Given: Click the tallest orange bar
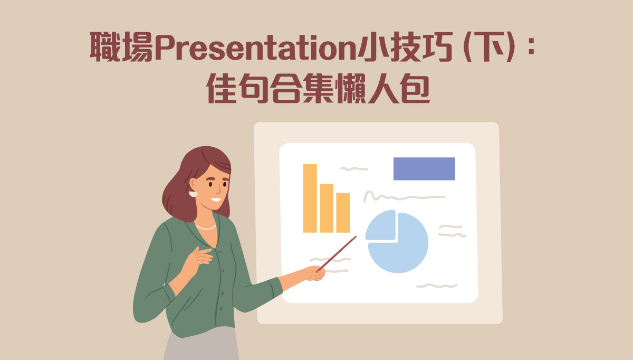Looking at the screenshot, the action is coord(310,198).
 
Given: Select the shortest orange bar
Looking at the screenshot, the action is coord(343,213).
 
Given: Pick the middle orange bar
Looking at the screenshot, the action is coord(327,208).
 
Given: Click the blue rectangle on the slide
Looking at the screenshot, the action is coord(424,169).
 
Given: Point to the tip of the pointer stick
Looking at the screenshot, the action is coord(356,236).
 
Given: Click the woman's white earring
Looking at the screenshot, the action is coord(193,194).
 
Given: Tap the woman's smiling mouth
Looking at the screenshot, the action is coord(216,200).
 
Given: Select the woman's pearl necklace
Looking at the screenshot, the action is coord(206,227).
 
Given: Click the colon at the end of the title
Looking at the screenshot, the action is coord(532,46).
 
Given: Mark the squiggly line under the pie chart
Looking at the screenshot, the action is coord(437,286).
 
